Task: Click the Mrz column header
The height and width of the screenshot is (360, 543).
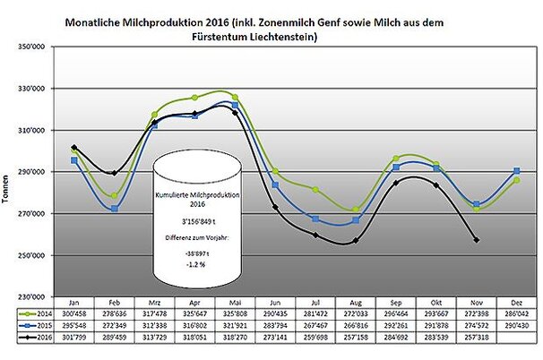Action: (x=154, y=303)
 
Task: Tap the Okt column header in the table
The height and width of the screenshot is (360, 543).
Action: (x=434, y=303)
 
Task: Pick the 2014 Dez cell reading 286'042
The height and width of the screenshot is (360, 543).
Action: (x=515, y=314)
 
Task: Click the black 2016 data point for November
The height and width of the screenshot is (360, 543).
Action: (x=476, y=240)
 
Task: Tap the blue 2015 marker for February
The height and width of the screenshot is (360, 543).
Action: (x=114, y=209)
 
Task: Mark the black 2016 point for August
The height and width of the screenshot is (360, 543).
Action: (x=356, y=240)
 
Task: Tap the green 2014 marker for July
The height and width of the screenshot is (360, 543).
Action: (x=315, y=190)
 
